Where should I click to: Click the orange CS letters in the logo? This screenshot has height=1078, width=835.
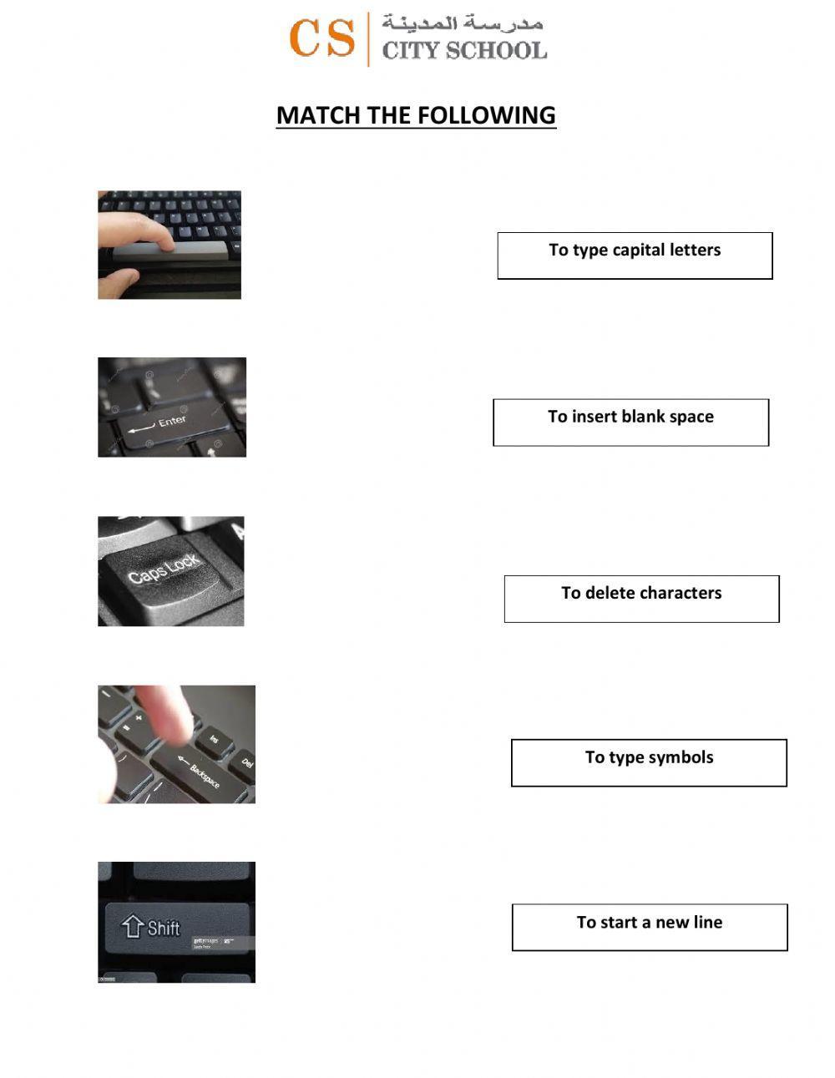321,38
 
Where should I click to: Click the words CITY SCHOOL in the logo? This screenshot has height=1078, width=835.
464,51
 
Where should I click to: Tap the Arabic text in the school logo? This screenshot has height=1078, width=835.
463,23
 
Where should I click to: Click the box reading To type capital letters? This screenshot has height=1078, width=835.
635,256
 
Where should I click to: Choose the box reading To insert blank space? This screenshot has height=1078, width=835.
630,423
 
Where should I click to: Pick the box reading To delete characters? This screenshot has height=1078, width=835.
641,599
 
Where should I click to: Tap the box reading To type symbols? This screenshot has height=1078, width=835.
649,762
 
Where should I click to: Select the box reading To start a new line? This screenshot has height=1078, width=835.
650,927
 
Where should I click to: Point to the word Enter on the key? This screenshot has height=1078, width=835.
173,422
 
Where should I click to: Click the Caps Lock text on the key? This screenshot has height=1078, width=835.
164,569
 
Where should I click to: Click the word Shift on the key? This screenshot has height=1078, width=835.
164,928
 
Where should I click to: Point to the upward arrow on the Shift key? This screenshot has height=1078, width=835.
133,926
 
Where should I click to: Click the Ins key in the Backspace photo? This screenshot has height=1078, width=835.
214,739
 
